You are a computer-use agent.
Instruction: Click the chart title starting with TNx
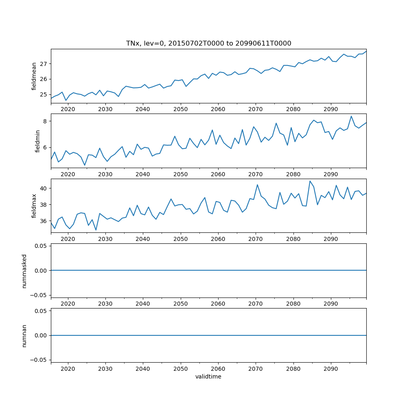[208, 44]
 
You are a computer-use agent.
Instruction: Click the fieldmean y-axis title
[34, 76]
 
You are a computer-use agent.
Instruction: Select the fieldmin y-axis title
[38, 141]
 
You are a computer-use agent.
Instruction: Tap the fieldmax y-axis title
[34, 206]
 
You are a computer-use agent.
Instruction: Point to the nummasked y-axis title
[24, 271]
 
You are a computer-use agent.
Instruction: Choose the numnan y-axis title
[24, 336]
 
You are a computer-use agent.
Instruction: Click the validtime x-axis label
[208, 377]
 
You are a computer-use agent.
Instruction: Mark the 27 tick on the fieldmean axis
[44, 64]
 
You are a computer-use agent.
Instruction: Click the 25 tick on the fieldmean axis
[44, 94]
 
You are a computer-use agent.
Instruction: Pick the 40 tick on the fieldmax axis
[44, 188]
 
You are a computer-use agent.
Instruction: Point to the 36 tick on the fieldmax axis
[44, 221]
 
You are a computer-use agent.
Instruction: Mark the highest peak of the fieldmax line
[310, 181]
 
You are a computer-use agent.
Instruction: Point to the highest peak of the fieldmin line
[351, 116]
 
